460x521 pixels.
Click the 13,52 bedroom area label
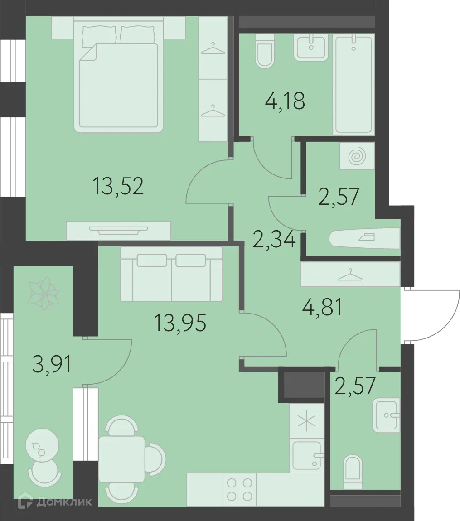click(x=118, y=186)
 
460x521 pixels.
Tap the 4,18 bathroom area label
click(x=285, y=101)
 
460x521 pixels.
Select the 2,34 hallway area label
click(x=274, y=240)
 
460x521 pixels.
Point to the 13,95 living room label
click(x=180, y=323)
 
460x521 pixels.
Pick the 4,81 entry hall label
click(x=322, y=307)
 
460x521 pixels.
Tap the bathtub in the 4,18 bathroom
click(x=353, y=85)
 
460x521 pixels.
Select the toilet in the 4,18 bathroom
click(x=265, y=51)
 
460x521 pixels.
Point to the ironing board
click(x=364, y=238)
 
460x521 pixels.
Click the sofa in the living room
click(x=171, y=274)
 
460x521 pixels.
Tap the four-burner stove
click(x=239, y=489)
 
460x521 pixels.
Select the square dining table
click(x=121, y=459)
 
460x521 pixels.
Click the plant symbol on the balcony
click(x=44, y=293)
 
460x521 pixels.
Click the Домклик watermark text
click(x=64, y=502)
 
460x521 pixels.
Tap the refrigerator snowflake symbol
click(x=306, y=421)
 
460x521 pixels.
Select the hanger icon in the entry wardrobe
click(x=350, y=275)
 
